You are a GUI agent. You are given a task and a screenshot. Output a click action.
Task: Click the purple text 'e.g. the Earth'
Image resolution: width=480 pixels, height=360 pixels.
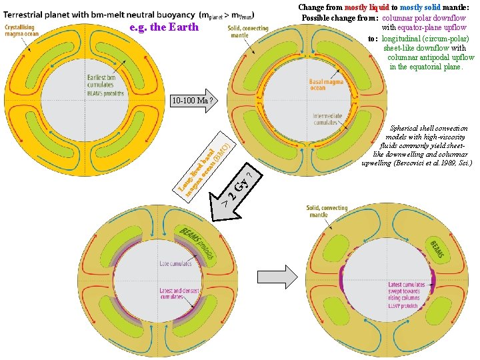click(x=164, y=27)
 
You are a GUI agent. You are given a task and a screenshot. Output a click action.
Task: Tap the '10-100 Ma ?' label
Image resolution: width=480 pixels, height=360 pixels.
click(x=191, y=101)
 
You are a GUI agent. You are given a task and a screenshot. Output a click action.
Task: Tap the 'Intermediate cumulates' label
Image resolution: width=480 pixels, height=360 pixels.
click(x=327, y=119)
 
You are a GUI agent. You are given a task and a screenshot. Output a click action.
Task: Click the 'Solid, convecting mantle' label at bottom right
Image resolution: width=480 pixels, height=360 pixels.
click(x=327, y=211)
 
